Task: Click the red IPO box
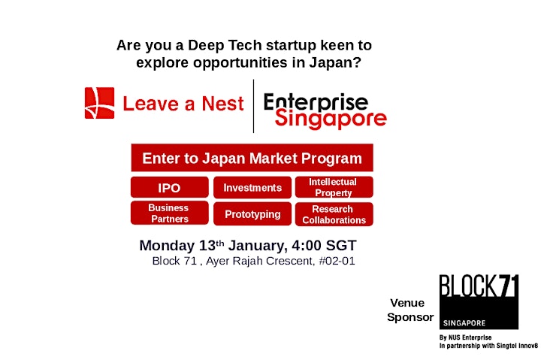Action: [169, 187]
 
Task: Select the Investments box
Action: [252, 187]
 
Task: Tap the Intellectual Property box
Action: [334, 187]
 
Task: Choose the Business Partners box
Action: [169, 213]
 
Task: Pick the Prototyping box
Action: [252, 214]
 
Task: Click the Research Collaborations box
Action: [334, 214]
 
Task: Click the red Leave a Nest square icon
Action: [99, 103]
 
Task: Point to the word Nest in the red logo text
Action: [223, 104]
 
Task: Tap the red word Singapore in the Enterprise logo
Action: [331, 119]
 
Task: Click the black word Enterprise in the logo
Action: [316, 101]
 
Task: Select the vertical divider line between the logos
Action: [254, 106]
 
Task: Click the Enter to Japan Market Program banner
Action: [252, 158]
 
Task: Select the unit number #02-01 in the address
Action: [337, 261]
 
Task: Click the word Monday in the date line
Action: [167, 246]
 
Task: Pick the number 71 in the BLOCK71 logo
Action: [509, 286]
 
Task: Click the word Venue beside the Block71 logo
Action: [407, 303]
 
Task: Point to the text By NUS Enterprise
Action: [465, 337]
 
